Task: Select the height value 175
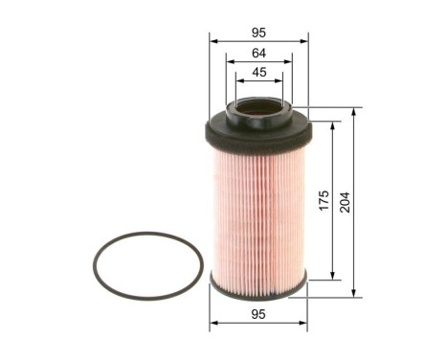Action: (x=324, y=201)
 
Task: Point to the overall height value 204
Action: (x=346, y=201)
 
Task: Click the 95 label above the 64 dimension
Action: (x=258, y=32)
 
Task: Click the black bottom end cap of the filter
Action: (x=258, y=284)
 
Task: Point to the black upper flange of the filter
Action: (x=258, y=132)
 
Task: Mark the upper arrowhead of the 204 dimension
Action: (x=355, y=111)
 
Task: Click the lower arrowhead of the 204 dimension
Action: (x=355, y=293)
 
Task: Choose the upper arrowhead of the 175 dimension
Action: (x=333, y=125)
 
